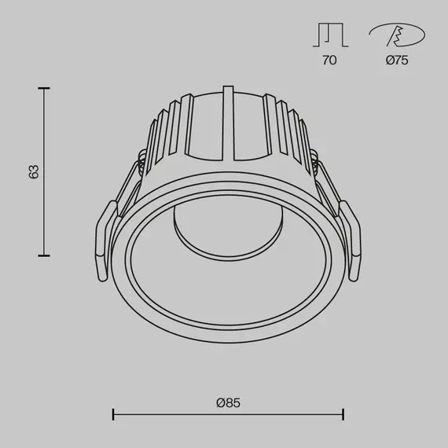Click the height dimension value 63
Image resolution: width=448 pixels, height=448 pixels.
[x=34, y=171]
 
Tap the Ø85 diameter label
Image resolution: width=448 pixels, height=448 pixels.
[x=228, y=402]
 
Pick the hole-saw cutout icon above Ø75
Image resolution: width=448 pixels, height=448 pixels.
[x=397, y=35]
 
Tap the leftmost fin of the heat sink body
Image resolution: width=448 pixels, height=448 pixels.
[x=151, y=138]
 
